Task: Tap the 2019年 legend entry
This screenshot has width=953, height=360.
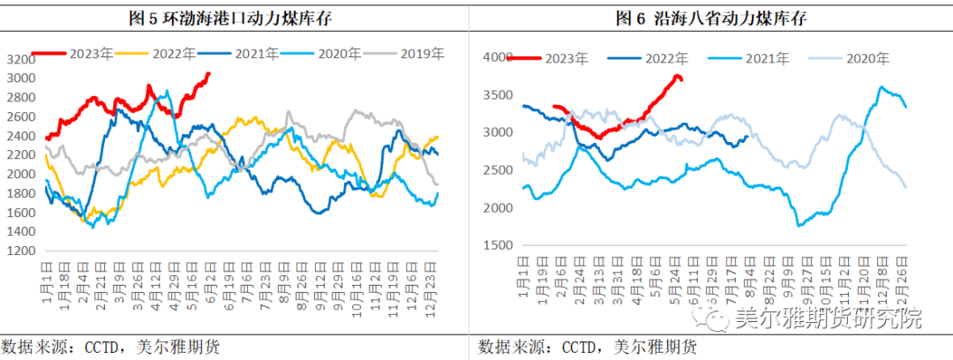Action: [x=416, y=54]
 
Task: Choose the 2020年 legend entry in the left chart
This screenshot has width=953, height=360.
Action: [x=336, y=54]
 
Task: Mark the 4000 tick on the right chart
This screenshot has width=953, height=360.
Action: [x=498, y=57]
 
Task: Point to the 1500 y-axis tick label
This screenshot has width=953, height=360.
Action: [x=498, y=244]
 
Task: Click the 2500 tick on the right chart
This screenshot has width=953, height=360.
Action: [x=498, y=169]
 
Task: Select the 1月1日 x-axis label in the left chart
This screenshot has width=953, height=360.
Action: [x=47, y=283]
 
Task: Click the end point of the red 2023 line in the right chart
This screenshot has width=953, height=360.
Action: [x=681, y=79]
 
